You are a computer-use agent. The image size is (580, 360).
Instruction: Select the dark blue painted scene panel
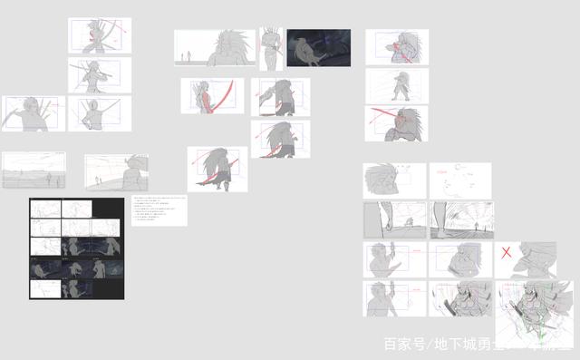[x=318, y=48]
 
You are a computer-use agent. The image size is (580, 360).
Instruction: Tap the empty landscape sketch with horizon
[x=34, y=169]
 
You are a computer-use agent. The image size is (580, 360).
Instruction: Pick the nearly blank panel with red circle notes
[x=459, y=180]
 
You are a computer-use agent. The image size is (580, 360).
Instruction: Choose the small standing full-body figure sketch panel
[x=397, y=85]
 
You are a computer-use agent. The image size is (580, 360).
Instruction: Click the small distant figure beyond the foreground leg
[x=407, y=221]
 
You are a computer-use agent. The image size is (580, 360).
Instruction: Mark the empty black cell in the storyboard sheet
[x=104, y=209]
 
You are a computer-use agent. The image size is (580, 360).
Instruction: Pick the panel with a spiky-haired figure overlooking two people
[x=117, y=170]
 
